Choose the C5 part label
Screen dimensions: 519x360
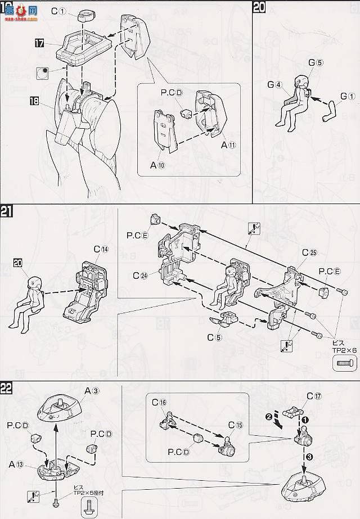pyautogui.click(x=213, y=337)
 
